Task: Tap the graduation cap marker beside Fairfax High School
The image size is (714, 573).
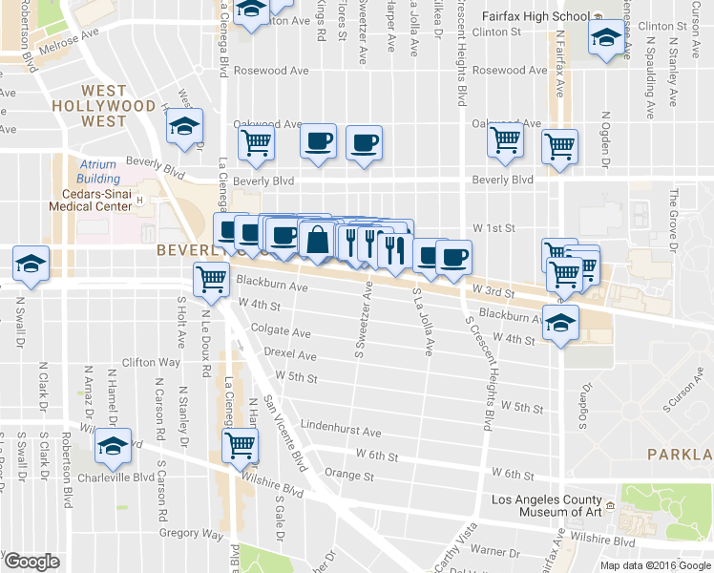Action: (x=607, y=38)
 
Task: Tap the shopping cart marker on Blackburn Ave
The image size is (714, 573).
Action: (x=211, y=278)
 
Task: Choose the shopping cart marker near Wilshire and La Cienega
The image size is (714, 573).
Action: (x=240, y=444)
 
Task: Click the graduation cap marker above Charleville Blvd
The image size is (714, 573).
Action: (x=114, y=445)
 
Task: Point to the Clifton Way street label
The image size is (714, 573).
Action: (x=152, y=363)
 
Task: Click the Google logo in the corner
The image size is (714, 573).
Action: (x=31, y=562)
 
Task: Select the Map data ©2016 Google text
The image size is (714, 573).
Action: (x=656, y=565)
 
